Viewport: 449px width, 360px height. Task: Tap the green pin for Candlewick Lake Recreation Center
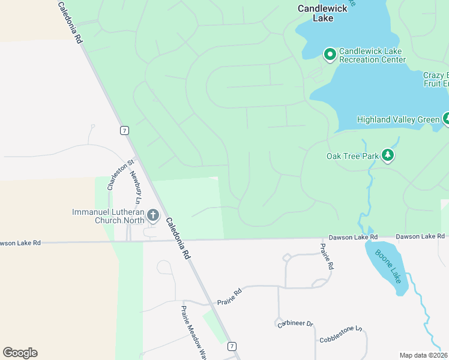click(330, 55)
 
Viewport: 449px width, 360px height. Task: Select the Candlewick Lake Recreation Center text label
click(372, 55)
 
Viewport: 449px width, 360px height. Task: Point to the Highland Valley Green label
click(398, 119)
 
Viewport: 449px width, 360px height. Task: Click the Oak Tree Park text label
click(352, 156)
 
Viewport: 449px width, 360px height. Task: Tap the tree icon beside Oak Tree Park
click(388, 156)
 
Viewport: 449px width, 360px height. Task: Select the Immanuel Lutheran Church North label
click(108, 216)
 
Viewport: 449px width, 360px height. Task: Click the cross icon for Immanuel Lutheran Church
click(153, 215)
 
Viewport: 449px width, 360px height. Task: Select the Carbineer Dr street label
click(295, 324)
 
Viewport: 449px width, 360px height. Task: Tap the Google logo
click(20, 352)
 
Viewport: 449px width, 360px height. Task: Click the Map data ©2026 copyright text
click(424, 355)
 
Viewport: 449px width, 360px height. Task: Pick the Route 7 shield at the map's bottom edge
click(232, 346)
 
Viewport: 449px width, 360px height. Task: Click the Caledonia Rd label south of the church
click(178, 238)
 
